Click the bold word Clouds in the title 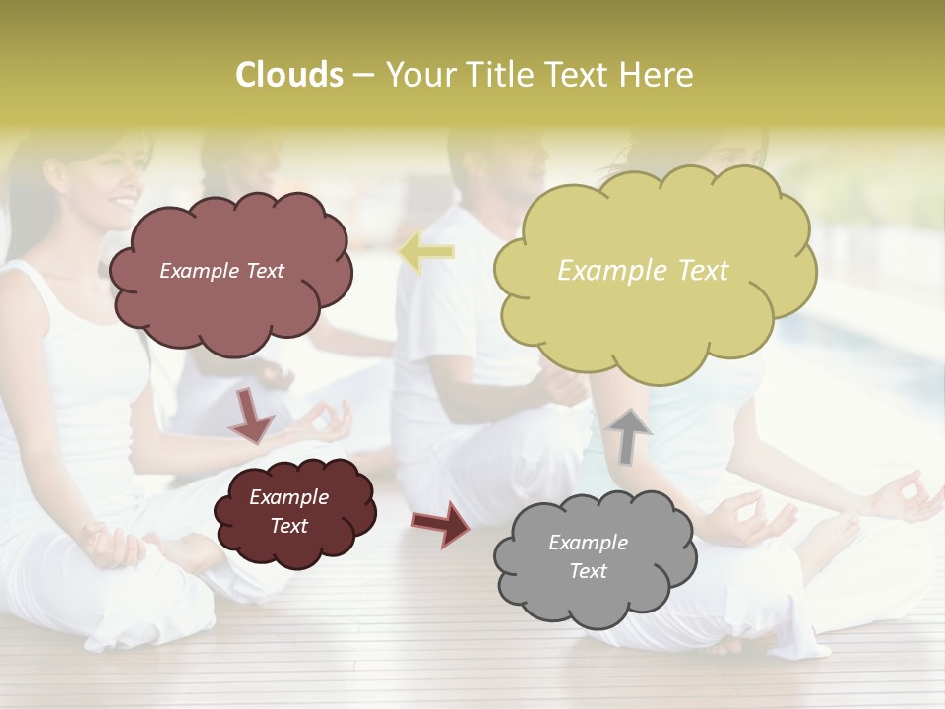tap(289, 75)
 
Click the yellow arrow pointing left tap(426, 253)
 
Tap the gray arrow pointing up tap(629, 435)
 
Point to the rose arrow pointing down tap(251, 414)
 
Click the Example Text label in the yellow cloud tap(643, 270)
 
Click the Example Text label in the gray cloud tap(588, 556)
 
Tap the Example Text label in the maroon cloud tap(288, 511)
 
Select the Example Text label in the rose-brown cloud tap(221, 271)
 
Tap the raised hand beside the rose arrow tap(320, 423)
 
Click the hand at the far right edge tap(911, 497)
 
